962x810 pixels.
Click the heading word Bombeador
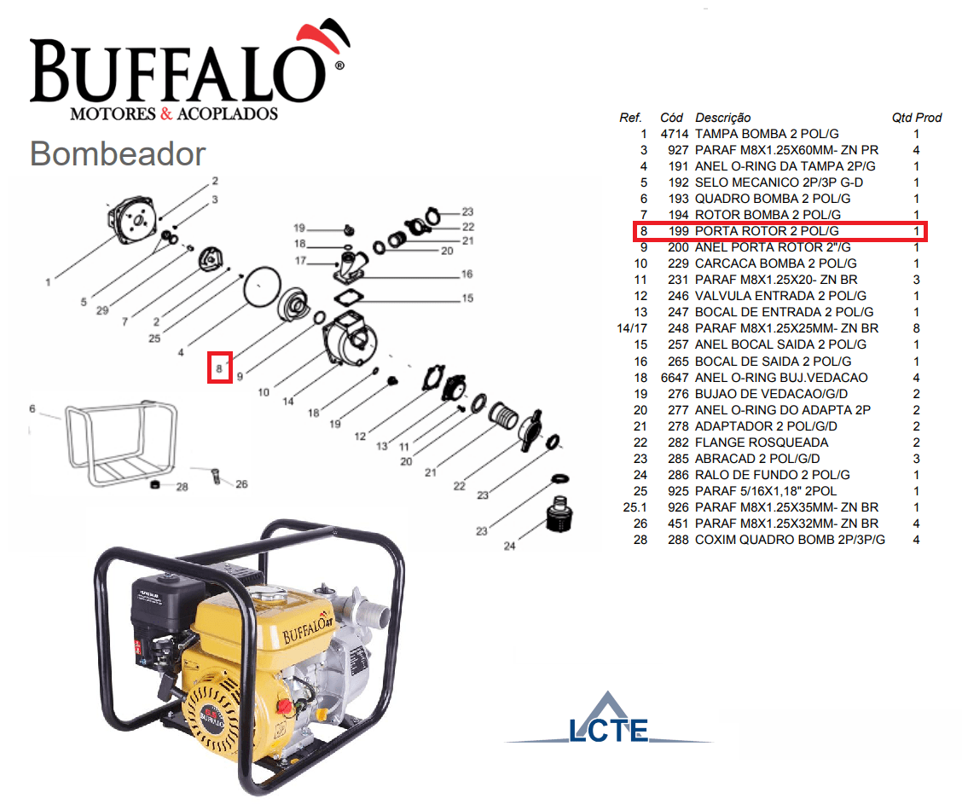118,154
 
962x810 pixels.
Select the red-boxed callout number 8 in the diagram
219,367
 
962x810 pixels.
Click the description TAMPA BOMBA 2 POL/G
767,134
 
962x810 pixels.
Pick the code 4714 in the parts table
675,134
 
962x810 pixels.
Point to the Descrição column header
722,118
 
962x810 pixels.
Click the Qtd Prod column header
917,118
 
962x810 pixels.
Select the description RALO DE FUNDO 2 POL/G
773,475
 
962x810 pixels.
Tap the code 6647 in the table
675,378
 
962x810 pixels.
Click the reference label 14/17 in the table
632,328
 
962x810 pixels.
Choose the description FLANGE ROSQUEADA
762,443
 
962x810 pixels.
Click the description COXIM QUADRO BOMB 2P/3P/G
791,541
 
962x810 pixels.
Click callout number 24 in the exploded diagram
510,546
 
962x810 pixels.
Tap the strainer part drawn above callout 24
559,514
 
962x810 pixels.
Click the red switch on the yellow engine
283,706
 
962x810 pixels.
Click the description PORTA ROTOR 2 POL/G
767,231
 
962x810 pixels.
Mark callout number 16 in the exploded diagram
467,274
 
